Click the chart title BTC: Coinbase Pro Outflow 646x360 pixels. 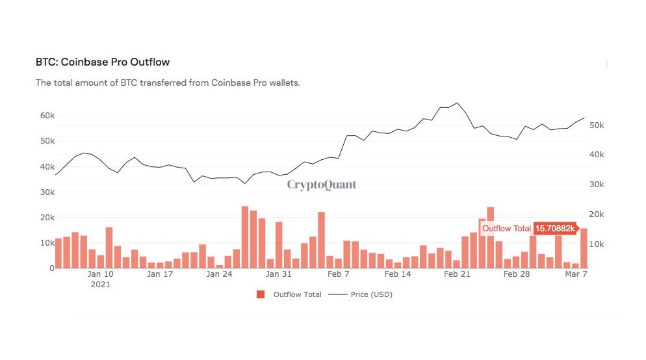[102, 62]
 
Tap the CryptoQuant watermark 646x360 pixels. [322, 185]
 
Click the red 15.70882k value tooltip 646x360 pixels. [554, 229]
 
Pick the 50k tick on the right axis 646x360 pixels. [597, 125]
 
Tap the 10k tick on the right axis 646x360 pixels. [597, 244]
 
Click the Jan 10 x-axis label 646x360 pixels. [101, 274]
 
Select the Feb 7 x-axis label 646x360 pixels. [338, 274]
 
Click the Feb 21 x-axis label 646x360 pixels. [457, 274]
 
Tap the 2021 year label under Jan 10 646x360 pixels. [101, 285]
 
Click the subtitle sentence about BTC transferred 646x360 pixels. [168, 83]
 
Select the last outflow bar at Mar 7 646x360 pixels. [584, 248]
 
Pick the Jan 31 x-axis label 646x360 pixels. [278, 274]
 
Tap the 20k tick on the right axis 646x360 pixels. [597, 214]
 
